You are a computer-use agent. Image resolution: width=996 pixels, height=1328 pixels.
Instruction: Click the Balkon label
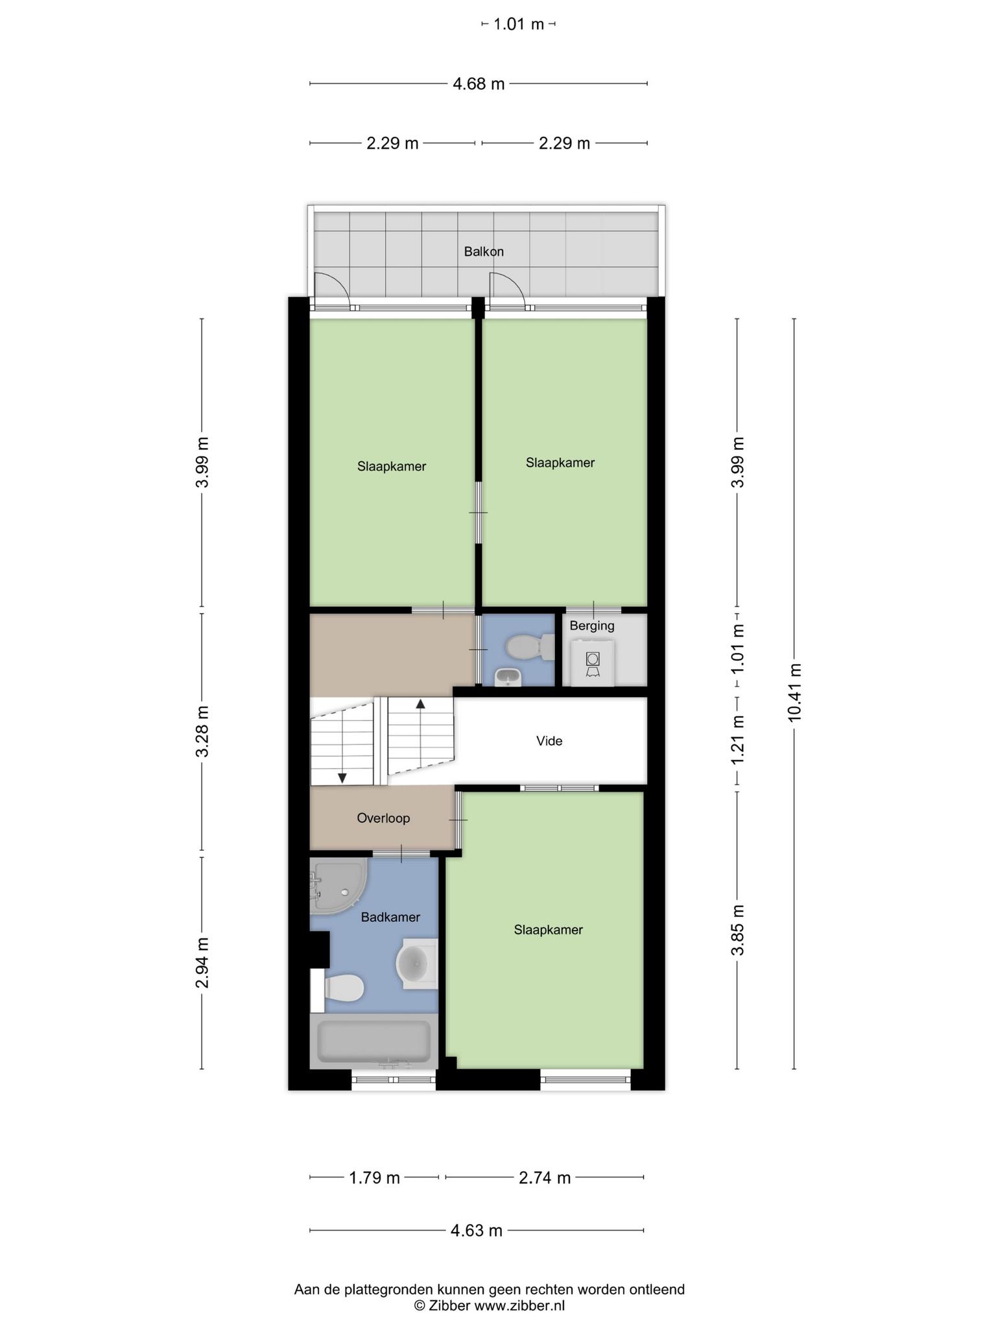click(x=484, y=252)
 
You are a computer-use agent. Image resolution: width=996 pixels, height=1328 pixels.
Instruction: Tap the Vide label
click(x=549, y=741)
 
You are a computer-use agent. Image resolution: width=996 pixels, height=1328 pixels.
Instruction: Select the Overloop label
click(x=383, y=818)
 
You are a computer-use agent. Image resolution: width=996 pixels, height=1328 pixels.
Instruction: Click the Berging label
click(x=592, y=626)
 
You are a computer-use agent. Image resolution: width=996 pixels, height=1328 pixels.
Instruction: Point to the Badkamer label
click(x=390, y=918)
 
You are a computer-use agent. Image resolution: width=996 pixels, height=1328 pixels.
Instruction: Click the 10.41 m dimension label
click(x=795, y=693)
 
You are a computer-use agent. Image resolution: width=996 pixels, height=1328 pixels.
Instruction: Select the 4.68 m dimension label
click(x=479, y=84)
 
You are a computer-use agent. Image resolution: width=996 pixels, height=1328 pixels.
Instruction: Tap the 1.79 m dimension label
click(x=375, y=1178)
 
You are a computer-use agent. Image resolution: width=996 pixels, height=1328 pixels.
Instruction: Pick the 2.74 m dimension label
click(x=545, y=1178)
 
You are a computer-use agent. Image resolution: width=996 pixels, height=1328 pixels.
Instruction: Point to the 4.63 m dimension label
click(x=477, y=1231)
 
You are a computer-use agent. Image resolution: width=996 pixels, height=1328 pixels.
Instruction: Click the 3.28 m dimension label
click(x=202, y=731)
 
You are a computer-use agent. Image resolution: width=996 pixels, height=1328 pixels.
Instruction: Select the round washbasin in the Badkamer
click(x=416, y=963)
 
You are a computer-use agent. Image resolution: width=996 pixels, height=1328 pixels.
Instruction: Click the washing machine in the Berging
click(x=592, y=662)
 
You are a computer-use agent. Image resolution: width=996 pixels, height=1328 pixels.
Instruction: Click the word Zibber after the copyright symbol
click(x=449, y=1306)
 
